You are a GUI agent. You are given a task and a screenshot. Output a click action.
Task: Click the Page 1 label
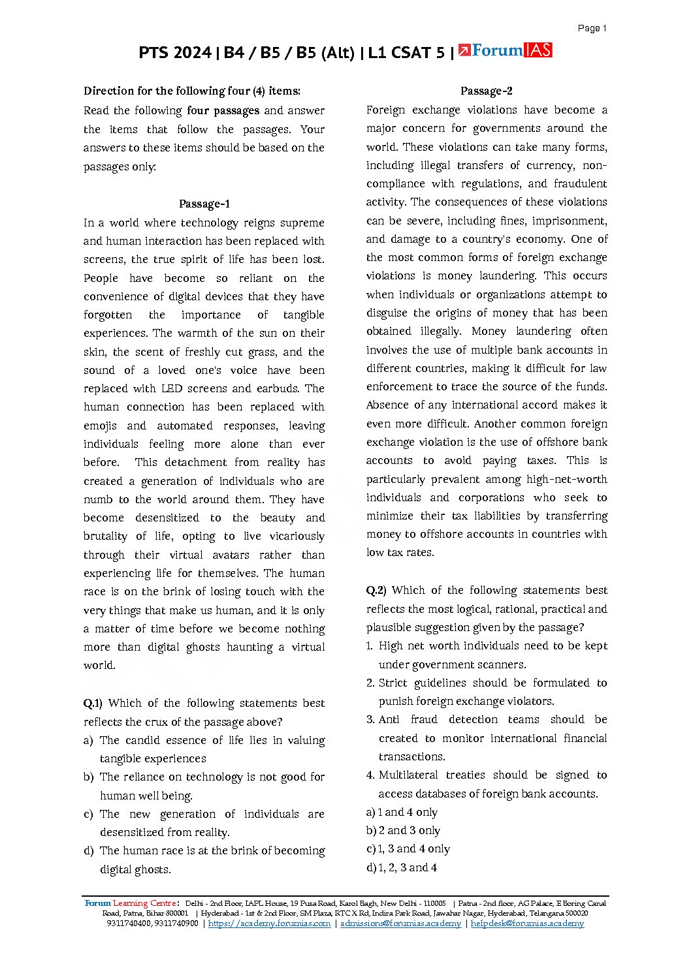click(x=592, y=28)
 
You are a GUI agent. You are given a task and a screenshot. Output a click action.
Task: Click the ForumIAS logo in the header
click(x=505, y=50)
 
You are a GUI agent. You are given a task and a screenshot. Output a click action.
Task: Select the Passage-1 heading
click(x=204, y=204)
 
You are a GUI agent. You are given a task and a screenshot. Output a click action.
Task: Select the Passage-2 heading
click(x=487, y=91)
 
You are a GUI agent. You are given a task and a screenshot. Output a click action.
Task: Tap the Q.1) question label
click(x=93, y=704)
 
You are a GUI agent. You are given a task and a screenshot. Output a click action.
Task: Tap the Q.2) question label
click(x=376, y=591)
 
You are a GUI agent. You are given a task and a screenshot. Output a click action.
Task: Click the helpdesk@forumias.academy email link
click(x=527, y=923)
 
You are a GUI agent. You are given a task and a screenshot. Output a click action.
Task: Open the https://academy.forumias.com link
click(x=269, y=923)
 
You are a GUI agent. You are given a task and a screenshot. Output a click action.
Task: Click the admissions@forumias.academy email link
click(x=400, y=923)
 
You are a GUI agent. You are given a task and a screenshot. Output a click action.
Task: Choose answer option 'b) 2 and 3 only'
click(x=403, y=831)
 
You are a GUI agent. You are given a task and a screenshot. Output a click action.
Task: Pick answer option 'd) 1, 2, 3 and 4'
click(x=402, y=868)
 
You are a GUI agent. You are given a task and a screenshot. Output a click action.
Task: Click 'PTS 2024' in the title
click(x=174, y=53)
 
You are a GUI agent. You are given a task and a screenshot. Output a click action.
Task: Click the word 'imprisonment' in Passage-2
click(x=571, y=221)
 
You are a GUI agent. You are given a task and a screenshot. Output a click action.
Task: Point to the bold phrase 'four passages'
click(x=223, y=111)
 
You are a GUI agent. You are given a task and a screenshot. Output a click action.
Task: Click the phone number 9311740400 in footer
click(x=129, y=923)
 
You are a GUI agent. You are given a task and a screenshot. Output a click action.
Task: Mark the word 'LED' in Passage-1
click(x=172, y=389)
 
